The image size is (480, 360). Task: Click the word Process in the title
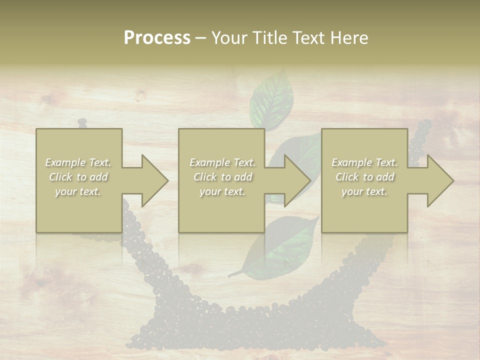[157, 38]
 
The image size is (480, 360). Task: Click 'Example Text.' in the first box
[78, 162]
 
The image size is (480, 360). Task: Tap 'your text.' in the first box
[78, 191]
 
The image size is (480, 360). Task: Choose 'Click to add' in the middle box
[222, 177]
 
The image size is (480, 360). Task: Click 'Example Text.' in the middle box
[222, 162]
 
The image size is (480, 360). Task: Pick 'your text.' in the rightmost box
[364, 191]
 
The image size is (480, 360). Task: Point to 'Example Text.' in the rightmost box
[364, 162]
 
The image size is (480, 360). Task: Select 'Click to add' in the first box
[78, 177]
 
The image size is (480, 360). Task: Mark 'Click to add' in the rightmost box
[364, 177]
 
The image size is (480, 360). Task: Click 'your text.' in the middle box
[222, 191]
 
